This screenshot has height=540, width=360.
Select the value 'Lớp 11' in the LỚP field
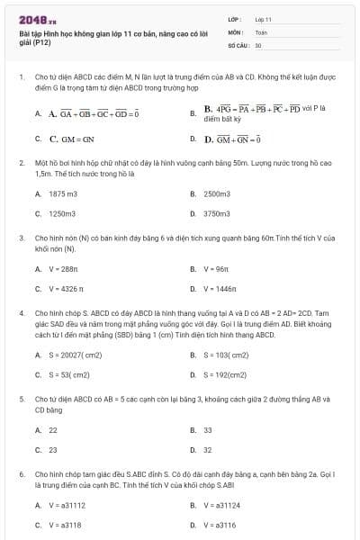pos(263,19)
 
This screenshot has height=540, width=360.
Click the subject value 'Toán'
pos(261,31)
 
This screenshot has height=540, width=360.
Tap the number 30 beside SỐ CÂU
pos(258,44)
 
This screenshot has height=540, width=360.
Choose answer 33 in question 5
pos(208,429)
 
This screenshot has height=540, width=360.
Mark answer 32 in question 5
pos(208,450)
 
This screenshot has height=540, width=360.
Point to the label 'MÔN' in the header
pos(233,31)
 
